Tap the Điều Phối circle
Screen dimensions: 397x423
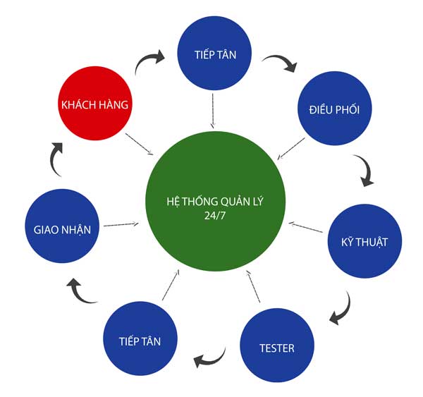coord(334,110)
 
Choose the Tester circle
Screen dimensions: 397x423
coord(276,347)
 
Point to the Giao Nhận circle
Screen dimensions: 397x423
coord(61,229)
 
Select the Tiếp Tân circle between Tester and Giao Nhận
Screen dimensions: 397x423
coord(140,341)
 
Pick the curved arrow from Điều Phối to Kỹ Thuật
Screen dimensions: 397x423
coord(365,171)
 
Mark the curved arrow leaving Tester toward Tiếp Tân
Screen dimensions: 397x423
coord(210,358)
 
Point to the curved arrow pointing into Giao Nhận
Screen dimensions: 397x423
coord(82,291)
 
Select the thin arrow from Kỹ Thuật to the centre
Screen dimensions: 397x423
coord(307,229)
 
